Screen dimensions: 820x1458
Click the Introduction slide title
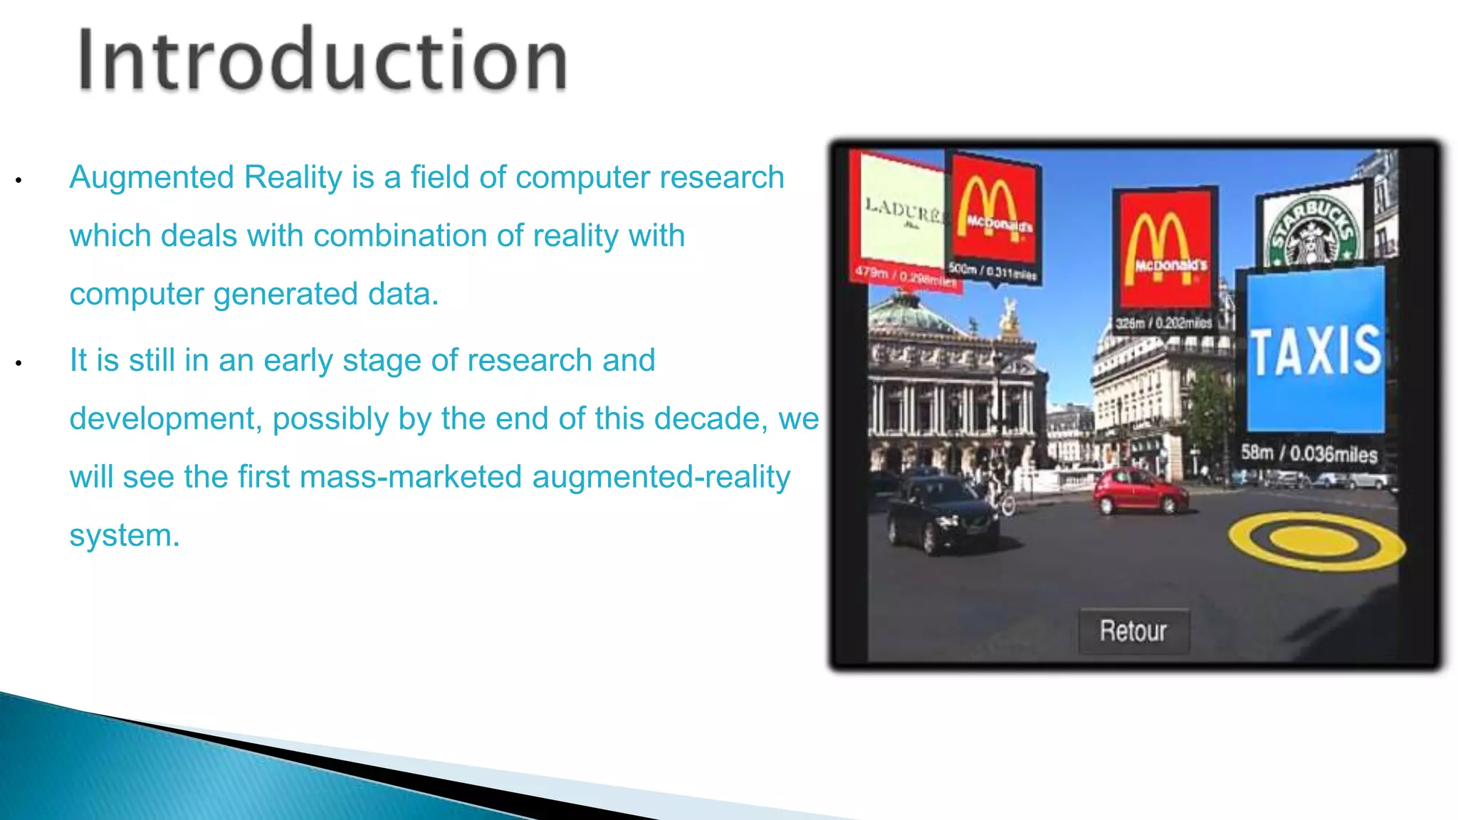click(x=322, y=61)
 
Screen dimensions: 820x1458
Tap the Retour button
click(x=1133, y=631)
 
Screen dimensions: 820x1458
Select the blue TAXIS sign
click(x=1316, y=349)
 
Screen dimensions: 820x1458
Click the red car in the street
click(x=1140, y=490)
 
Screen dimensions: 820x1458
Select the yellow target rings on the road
click(x=1316, y=541)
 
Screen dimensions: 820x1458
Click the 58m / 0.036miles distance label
click(x=1309, y=453)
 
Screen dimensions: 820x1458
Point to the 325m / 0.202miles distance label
click(x=1163, y=323)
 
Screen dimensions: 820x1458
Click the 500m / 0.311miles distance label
click(x=992, y=270)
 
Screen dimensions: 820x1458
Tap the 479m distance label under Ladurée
click(x=905, y=275)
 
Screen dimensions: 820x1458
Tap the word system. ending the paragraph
click(x=124, y=535)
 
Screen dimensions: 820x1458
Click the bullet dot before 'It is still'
click(x=19, y=364)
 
